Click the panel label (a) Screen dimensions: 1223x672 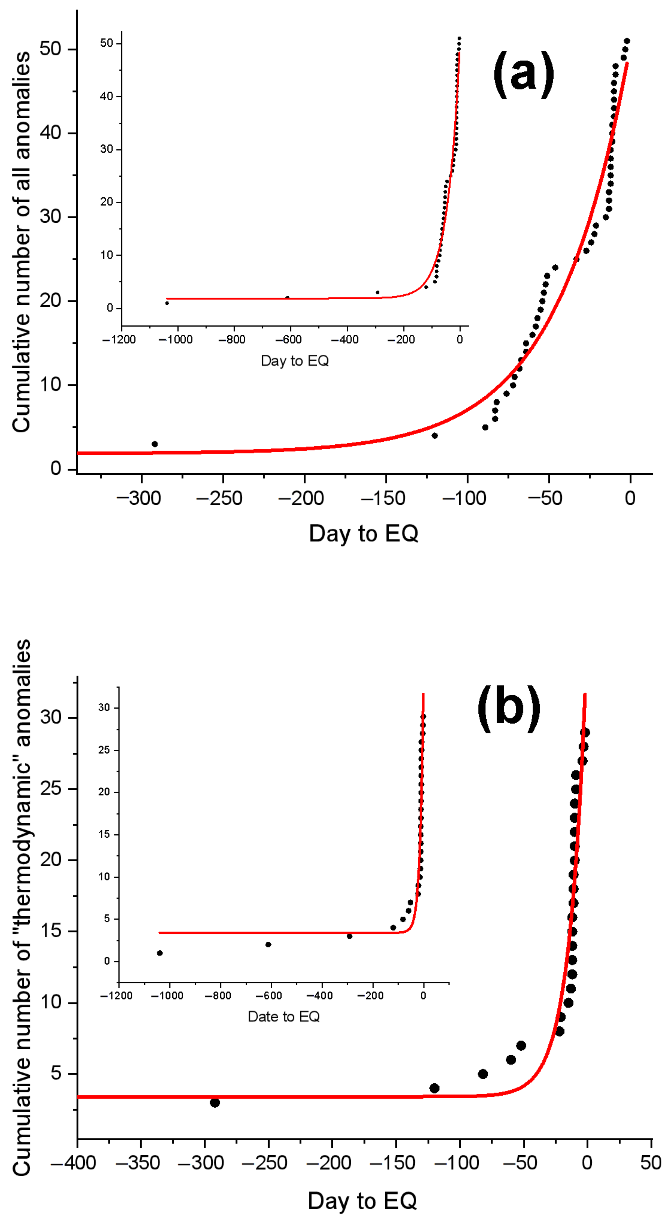tap(523, 74)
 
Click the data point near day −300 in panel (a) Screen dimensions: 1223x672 tap(155, 444)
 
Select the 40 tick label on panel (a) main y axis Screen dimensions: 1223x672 tap(51, 132)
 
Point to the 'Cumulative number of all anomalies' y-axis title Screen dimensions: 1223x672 tap(21, 242)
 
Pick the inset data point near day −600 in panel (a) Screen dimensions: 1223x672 tap(287, 298)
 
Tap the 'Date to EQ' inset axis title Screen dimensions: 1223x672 tap(284, 1016)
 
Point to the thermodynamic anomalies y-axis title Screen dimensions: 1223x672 tap(21, 907)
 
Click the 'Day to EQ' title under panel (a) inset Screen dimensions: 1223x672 tap(295, 361)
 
